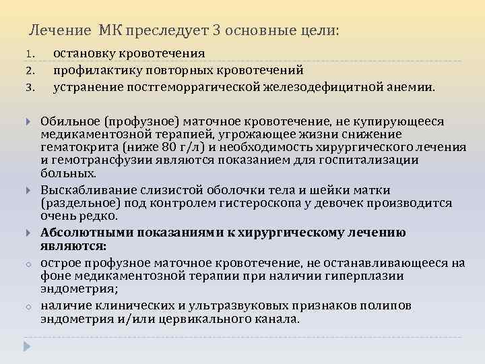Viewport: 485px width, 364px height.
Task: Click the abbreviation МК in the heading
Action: point(110,31)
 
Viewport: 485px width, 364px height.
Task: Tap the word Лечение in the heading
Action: point(61,31)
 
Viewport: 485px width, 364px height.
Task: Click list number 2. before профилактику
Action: point(30,70)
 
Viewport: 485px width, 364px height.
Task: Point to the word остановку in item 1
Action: point(84,53)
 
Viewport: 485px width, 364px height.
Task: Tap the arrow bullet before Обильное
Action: point(28,122)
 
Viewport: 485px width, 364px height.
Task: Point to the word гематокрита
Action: point(72,147)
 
